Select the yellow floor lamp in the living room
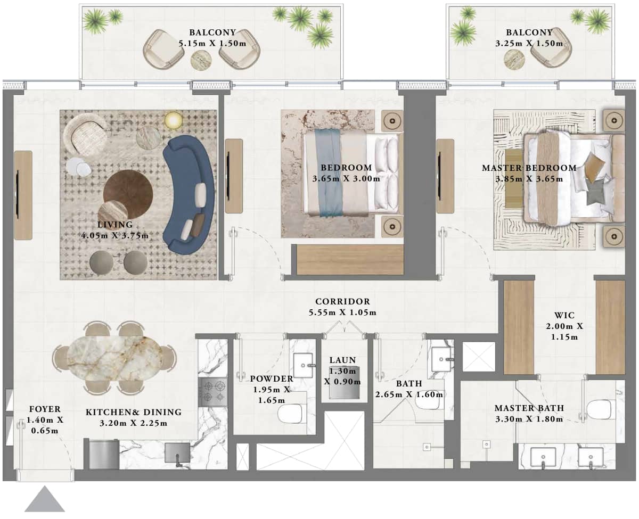coord(173,120)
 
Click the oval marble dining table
coord(114,357)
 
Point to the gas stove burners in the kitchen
coord(212,392)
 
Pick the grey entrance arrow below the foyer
coord(45,500)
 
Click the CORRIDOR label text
coord(342,302)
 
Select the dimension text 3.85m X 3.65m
coord(528,179)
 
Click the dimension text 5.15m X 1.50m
coord(212,43)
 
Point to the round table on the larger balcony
coord(201,60)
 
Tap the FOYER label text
coord(44,409)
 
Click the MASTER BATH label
coord(529,408)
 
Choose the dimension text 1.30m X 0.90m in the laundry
coord(342,376)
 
